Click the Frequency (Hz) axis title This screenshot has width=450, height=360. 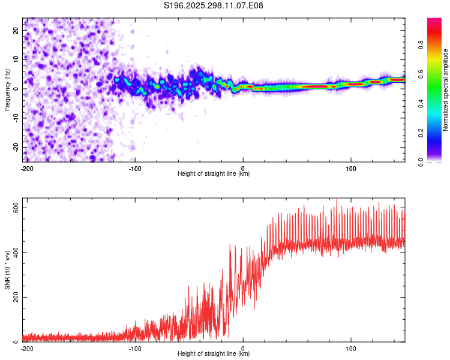pyautogui.click(x=7, y=89)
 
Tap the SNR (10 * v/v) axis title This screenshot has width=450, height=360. pyautogui.click(x=7, y=271)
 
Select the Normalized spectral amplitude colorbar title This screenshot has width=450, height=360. pyautogui.click(x=446, y=90)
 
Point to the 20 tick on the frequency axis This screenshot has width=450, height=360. pyautogui.click(x=16, y=30)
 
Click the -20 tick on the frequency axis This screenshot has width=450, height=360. pyautogui.click(x=15, y=147)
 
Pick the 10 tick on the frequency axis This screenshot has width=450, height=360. pyautogui.click(x=16, y=59)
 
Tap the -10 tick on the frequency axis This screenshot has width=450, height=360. pyautogui.click(x=15, y=118)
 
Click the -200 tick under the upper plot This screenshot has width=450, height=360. pyautogui.click(x=27, y=169)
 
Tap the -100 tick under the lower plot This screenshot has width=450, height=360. pyautogui.click(x=135, y=348)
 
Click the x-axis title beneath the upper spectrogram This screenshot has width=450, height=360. pyautogui.click(x=214, y=174)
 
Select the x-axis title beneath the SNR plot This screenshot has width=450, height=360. pyautogui.click(x=214, y=354)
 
